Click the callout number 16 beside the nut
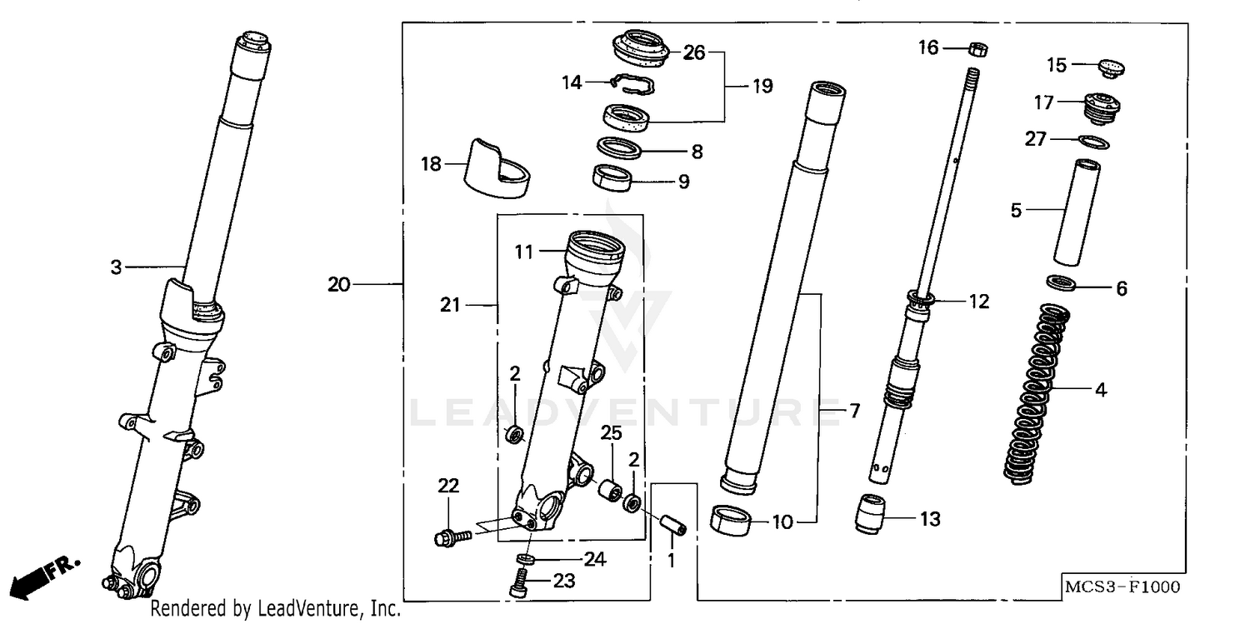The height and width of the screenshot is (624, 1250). click(927, 48)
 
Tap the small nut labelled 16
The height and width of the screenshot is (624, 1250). click(979, 49)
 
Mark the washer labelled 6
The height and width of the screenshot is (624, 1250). click(1062, 283)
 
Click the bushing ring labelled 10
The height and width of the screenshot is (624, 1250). click(730, 519)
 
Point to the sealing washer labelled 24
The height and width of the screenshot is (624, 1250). click(524, 557)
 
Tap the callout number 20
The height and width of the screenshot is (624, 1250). click(338, 285)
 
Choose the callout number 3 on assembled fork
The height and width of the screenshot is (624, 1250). click(116, 267)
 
